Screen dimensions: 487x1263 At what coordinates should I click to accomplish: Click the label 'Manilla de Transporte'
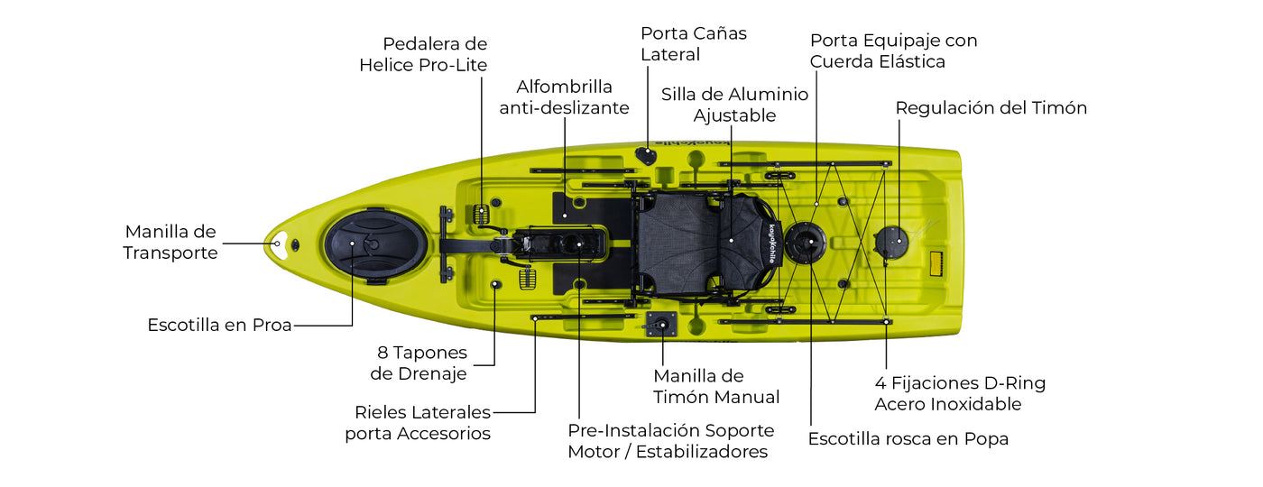coord(171,243)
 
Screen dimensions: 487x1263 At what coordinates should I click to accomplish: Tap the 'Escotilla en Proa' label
coord(219,326)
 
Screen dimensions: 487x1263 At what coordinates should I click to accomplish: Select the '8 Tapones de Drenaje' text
coord(421,363)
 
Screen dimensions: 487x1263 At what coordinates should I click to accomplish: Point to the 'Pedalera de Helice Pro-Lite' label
coord(423,54)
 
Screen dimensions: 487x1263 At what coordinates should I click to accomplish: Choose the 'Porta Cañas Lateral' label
coord(694,44)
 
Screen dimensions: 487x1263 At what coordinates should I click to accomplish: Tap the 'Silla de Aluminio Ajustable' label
coord(734,105)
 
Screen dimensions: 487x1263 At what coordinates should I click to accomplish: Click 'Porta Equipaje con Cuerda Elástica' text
coord(893,51)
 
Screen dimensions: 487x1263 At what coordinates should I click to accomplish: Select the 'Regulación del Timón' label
coord(991,108)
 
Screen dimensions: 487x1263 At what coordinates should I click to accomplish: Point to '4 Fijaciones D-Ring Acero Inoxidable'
coord(960,393)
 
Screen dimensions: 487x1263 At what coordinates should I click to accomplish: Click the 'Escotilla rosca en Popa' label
coord(908,439)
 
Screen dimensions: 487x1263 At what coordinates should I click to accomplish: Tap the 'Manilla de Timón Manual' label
coord(716,386)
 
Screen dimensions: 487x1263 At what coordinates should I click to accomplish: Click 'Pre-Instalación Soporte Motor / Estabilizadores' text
coord(670,441)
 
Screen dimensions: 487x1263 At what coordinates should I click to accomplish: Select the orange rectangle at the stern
coord(936,264)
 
